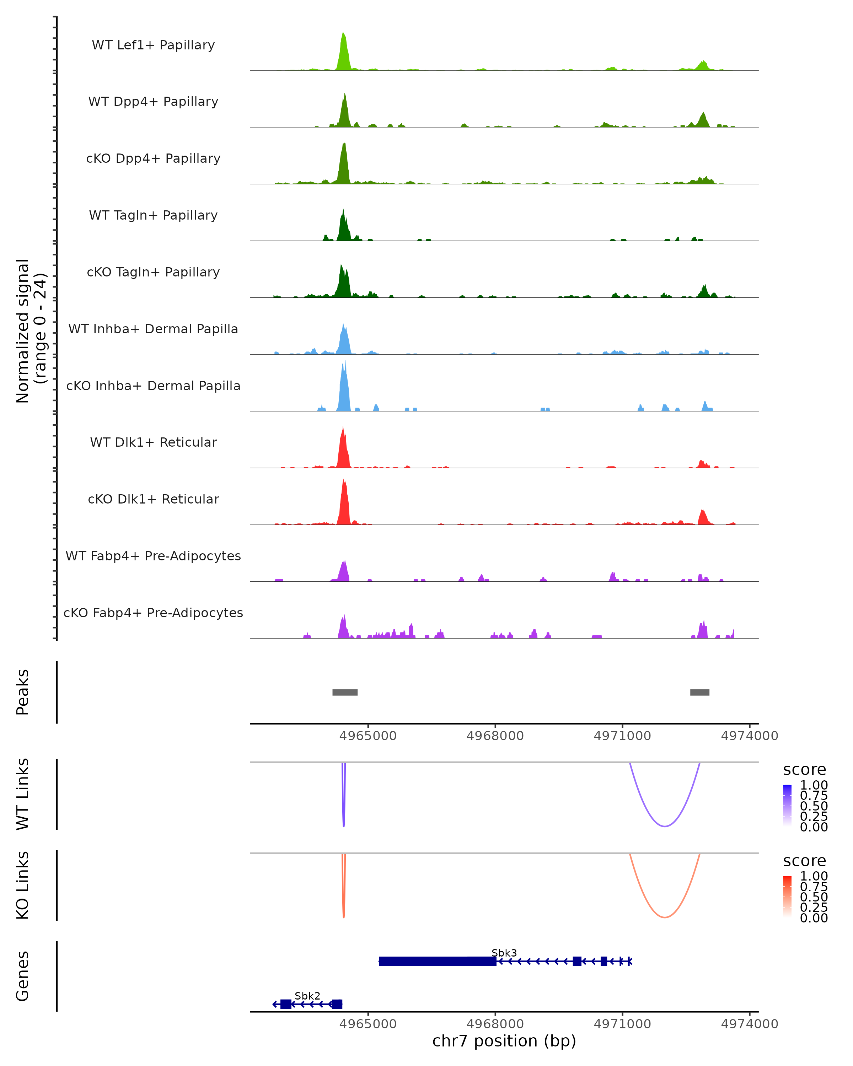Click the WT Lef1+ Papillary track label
tap(153, 45)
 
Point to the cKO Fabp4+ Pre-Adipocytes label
tap(153, 613)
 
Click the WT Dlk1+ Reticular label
tap(153, 442)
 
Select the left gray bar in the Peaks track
tap(345, 692)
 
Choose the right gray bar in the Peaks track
tap(700, 692)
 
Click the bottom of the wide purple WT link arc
tap(665, 826)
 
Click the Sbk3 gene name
tap(504, 953)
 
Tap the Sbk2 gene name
tap(307, 996)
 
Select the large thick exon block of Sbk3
tap(438, 961)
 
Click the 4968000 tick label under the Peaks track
tap(495, 736)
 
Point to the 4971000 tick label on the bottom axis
tap(622, 1024)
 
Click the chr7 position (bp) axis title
tap(504, 1041)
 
